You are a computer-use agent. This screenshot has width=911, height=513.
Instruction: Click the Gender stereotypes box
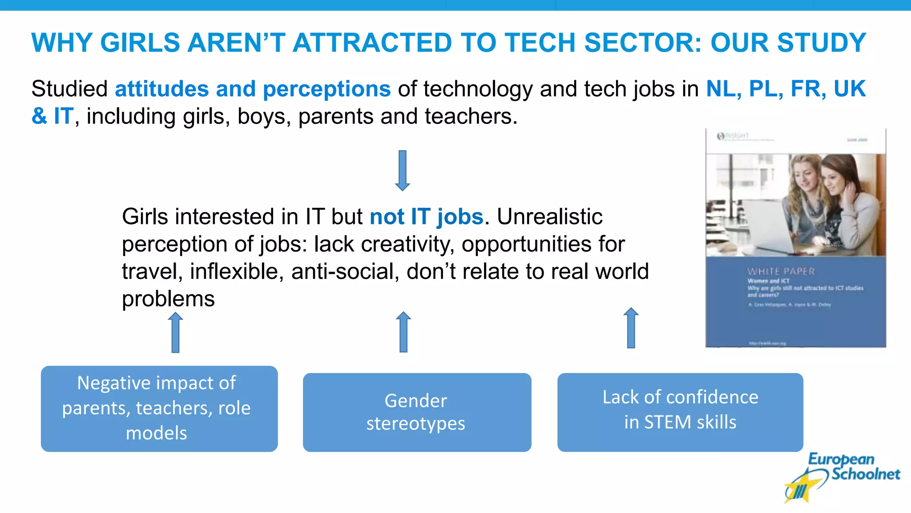(x=417, y=412)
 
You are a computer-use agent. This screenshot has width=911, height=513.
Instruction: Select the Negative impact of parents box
(x=159, y=408)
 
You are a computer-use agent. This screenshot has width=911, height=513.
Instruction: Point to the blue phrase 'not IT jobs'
(x=426, y=217)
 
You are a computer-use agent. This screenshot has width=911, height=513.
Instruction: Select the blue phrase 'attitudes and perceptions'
(x=253, y=89)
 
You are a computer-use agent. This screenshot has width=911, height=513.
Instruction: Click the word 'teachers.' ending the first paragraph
(x=471, y=116)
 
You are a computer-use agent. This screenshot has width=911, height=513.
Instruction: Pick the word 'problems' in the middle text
(x=168, y=299)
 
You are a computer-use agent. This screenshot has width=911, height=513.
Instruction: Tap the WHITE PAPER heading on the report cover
(x=781, y=271)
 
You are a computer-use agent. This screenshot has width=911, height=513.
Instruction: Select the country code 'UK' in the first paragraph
(x=849, y=89)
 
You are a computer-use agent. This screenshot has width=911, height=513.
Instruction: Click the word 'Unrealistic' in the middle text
(x=549, y=217)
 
